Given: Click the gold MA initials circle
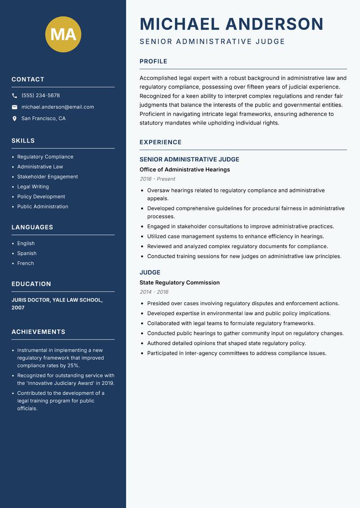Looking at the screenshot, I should click(x=63, y=34).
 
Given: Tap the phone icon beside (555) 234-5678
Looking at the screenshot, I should click(x=14, y=96).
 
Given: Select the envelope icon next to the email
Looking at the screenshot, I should click(x=14, y=107).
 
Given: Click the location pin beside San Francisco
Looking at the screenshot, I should click(x=14, y=119).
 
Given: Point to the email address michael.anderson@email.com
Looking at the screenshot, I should click(x=58, y=107).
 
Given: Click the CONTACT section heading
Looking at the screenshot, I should click(x=28, y=80).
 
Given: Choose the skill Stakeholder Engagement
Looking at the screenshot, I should click(x=47, y=177).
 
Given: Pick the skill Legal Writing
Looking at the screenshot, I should click(x=33, y=187).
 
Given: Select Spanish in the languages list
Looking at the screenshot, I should click(x=27, y=253).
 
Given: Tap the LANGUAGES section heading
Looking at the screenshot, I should click(x=32, y=227).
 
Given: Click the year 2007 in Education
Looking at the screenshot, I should click(x=18, y=308).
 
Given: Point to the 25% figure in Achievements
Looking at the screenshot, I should click(x=73, y=365).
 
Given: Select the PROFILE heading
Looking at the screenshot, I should click(x=153, y=62).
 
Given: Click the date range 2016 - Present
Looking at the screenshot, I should click(x=157, y=179).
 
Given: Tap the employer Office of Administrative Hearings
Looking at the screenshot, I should click(x=184, y=169).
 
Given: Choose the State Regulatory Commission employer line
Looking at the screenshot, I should click(x=180, y=283).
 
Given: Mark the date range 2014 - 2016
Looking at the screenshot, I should click(x=154, y=292).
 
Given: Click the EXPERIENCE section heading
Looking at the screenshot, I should click(x=161, y=143).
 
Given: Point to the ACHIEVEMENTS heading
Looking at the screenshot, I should click(x=38, y=332).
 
